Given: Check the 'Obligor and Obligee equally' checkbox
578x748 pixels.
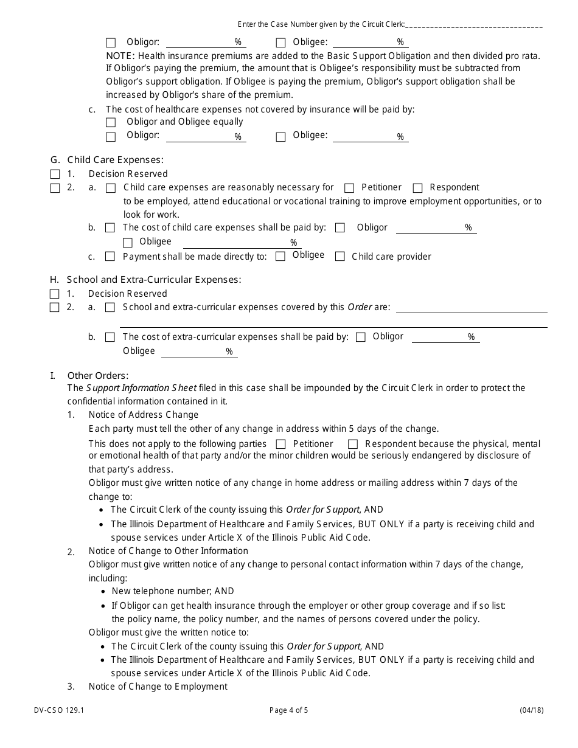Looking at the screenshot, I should point(111,123).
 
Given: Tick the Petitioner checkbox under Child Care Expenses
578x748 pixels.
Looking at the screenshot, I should point(349,188).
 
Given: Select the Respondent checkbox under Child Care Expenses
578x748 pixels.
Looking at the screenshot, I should point(417,188).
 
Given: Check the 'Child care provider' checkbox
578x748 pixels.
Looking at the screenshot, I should point(340,257).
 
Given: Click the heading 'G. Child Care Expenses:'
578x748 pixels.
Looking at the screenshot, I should point(107,160).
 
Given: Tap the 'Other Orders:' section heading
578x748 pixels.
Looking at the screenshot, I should point(97,375).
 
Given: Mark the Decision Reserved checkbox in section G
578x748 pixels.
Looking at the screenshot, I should point(55,175).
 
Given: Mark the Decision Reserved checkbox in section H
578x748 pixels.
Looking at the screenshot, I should point(55,294).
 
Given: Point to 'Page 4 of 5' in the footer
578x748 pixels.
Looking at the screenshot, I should point(288,710).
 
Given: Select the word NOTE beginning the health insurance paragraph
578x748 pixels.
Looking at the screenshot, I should point(120,55).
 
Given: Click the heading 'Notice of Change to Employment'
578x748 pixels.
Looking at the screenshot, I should point(158,687).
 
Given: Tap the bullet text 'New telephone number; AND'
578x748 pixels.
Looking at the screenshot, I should point(173,591).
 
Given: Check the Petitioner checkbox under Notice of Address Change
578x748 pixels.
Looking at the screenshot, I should point(280,445).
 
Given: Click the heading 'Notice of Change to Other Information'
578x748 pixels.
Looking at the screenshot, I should point(168,551).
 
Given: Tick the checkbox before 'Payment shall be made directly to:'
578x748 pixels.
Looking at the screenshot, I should point(110,257).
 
